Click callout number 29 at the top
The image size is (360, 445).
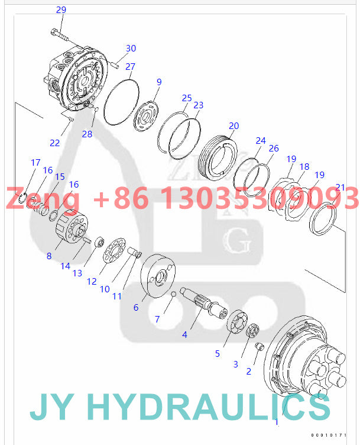(x=61, y=9)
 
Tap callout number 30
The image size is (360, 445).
(x=131, y=48)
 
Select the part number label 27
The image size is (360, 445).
(x=130, y=66)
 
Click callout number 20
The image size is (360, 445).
(x=234, y=125)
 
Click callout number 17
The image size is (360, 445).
(x=35, y=162)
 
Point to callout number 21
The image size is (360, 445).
(x=339, y=187)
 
